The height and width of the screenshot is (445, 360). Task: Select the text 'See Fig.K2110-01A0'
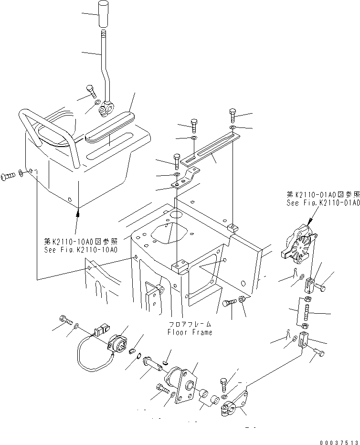coord(323,202)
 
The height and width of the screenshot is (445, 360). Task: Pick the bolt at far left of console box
coord(9,176)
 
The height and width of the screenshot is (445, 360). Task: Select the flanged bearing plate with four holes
coord(182,385)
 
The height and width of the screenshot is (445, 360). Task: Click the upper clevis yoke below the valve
coord(309,285)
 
